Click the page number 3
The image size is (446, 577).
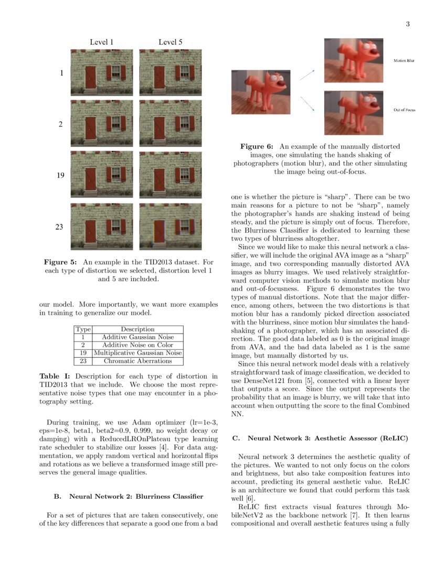(407, 24)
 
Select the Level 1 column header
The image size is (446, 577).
(102, 42)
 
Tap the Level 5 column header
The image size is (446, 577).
(171, 42)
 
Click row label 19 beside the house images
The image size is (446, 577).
(60, 175)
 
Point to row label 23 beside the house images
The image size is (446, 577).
(60, 227)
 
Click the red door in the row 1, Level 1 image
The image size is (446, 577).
(91, 77)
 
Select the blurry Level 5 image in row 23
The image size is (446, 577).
(171, 227)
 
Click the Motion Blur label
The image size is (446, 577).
(404, 61)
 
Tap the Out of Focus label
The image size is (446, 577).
(404, 110)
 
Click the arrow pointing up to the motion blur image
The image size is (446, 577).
(307, 74)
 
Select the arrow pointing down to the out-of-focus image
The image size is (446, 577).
(307, 104)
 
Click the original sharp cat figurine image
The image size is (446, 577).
(261, 92)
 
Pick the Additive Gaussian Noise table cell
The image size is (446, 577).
(137, 337)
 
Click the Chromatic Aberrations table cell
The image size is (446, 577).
(137, 361)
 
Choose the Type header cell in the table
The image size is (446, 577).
(83, 329)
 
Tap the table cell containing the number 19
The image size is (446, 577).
(83, 353)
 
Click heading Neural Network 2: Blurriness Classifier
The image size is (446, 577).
(129, 496)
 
